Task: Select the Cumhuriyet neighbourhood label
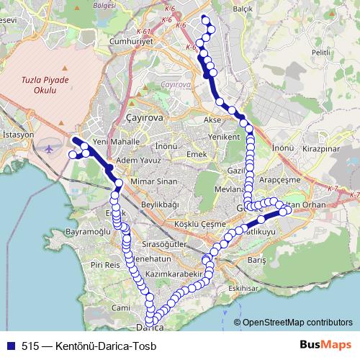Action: coord(131,42)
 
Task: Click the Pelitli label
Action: coord(321,53)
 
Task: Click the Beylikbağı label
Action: coord(159,204)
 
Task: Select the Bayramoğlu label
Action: coord(88,233)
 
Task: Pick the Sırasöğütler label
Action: coord(164,245)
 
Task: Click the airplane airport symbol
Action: coord(49,148)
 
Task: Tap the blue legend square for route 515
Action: coord(10,345)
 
